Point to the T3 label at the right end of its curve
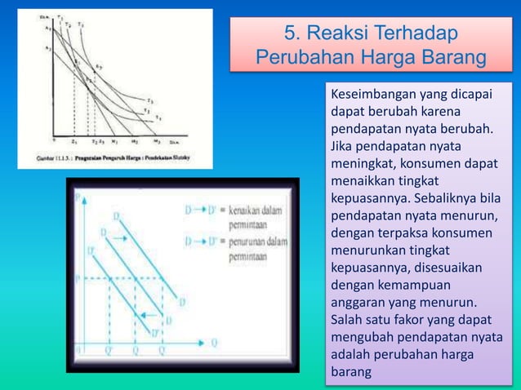pyautogui.click(x=149, y=100)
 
